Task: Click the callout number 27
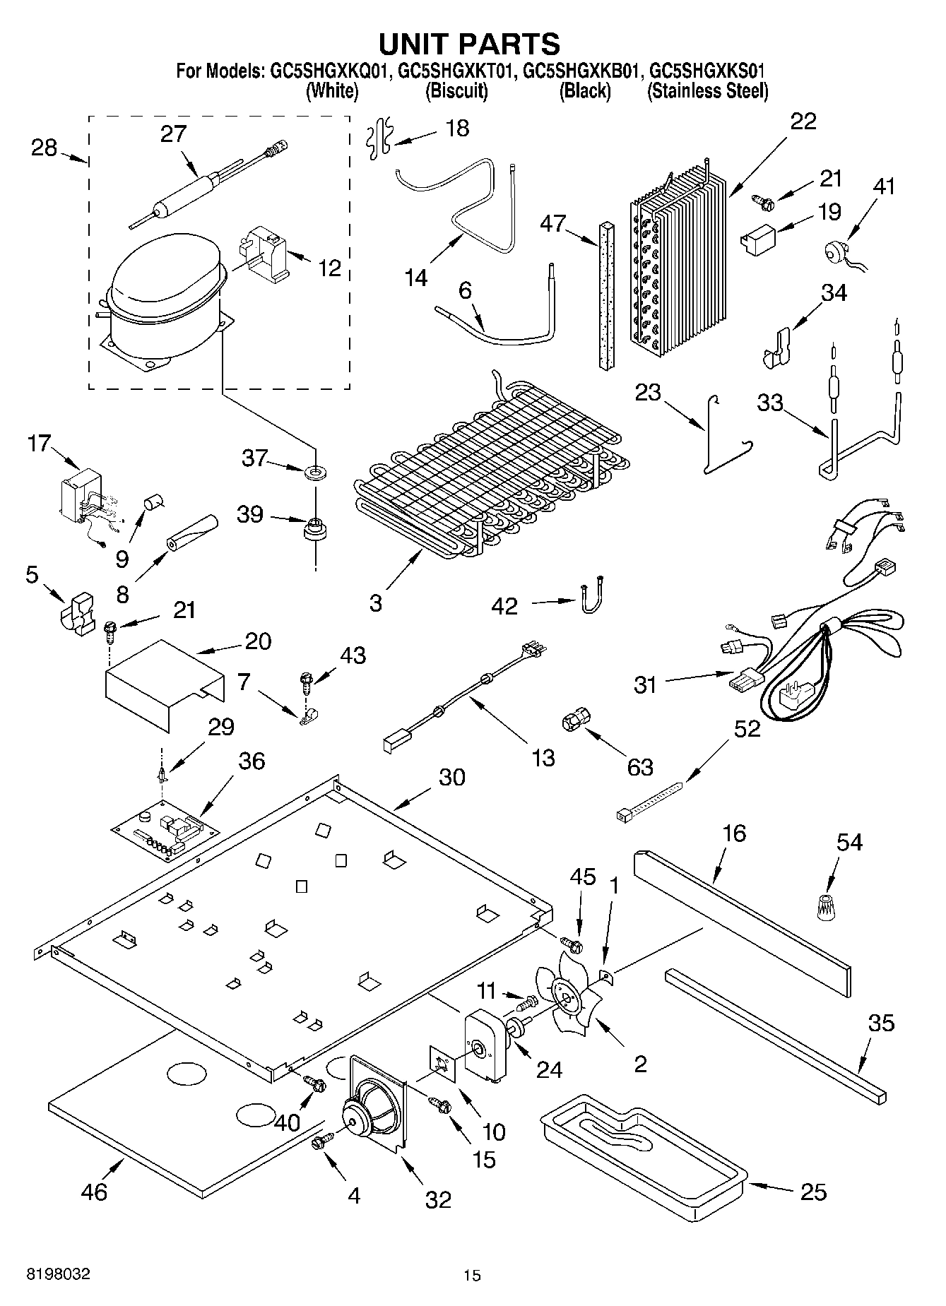click(173, 133)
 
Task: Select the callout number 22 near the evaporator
click(803, 121)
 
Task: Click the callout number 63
click(640, 767)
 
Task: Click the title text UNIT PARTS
click(470, 44)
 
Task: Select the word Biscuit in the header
click(456, 91)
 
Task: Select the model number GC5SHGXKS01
click(707, 71)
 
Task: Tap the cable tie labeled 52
click(649, 800)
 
